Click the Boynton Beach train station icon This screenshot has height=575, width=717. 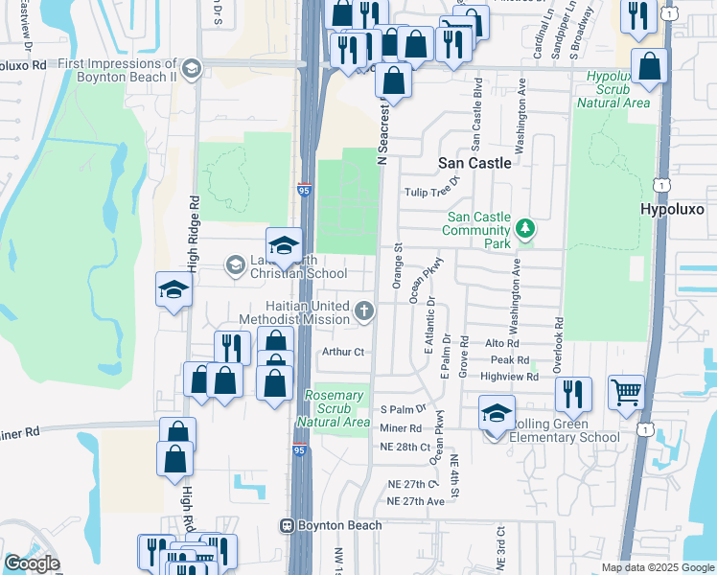(286, 525)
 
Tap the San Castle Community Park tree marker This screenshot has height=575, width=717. (524, 228)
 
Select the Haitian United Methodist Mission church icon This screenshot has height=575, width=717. (363, 310)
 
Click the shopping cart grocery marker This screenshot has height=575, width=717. (626, 391)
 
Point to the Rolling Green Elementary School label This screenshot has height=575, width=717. (566, 430)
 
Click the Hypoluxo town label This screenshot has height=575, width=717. (678, 208)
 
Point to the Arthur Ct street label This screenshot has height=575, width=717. (344, 353)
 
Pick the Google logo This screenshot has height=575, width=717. (32, 563)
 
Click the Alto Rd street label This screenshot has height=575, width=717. (502, 343)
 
